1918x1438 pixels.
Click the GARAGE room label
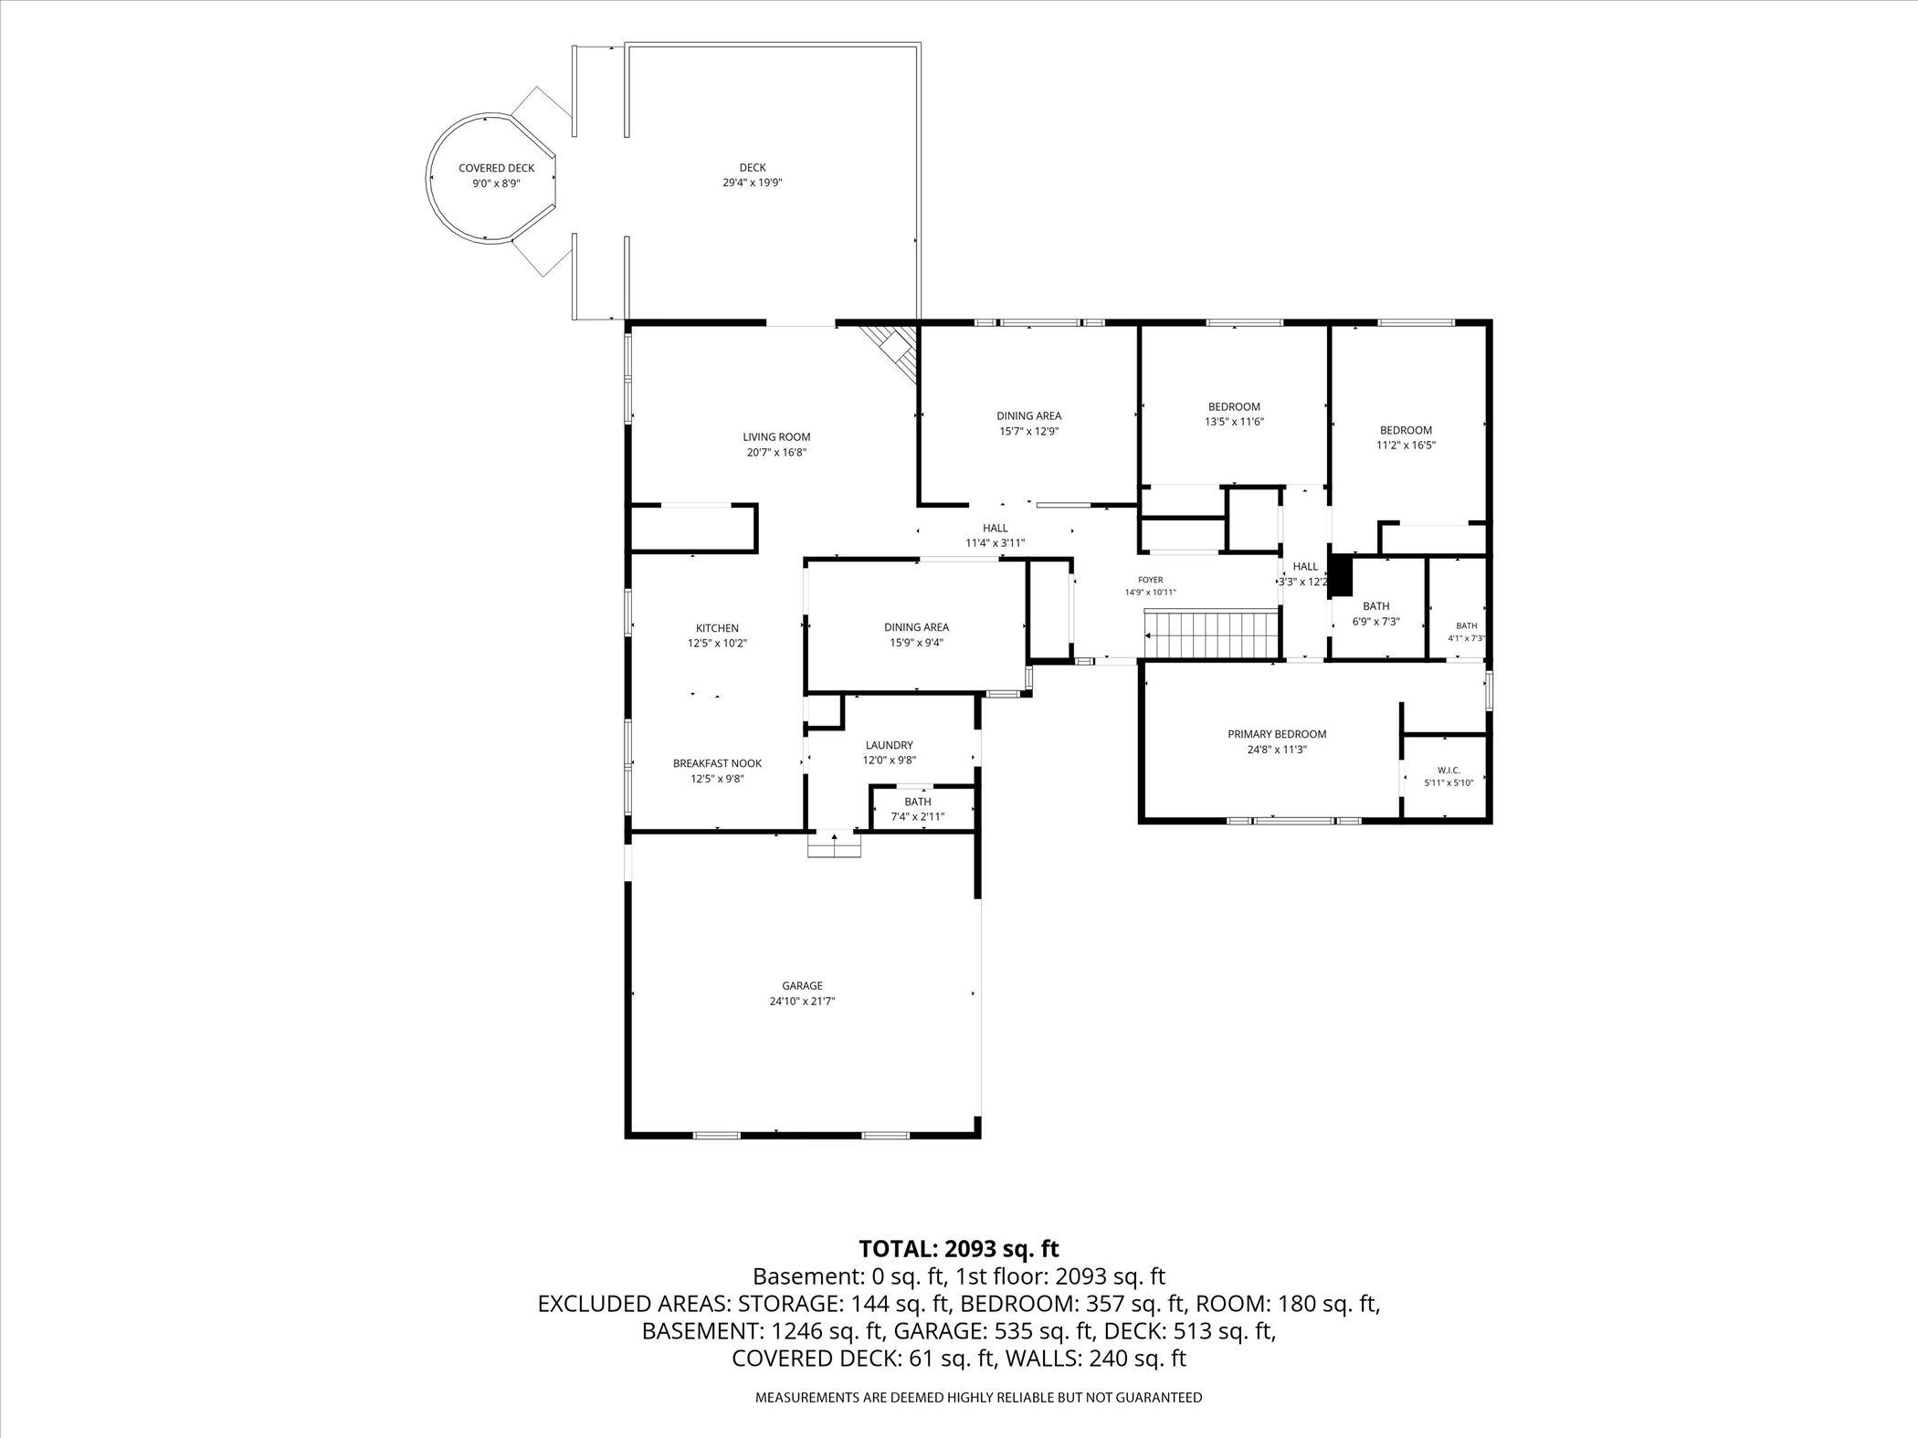tap(802, 985)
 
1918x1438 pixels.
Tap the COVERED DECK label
tap(496, 168)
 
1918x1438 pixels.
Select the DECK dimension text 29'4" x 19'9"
tap(753, 183)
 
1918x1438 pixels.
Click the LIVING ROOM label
tap(776, 436)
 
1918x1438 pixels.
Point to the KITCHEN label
tap(717, 628)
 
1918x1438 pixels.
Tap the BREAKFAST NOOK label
tap(717, 763)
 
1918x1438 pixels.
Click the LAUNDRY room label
tap(889, 745)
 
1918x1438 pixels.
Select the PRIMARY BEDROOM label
tap(1277, 734)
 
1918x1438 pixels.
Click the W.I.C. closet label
tap(1449, 771)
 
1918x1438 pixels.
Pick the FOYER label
tap(1150, 580)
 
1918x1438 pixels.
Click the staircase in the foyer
tap(1210, 635)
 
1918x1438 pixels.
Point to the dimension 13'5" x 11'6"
tap(1234, 422)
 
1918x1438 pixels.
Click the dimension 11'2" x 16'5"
tap(1406, 446)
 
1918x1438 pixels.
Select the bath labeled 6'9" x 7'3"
tap(1375, 614)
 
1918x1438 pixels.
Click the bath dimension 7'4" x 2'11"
tap(918, 817)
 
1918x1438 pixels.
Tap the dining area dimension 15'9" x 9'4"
tap(916, 643)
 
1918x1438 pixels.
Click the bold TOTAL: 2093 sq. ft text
tap(959, 1248)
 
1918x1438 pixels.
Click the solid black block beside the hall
tap(1340, 576)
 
